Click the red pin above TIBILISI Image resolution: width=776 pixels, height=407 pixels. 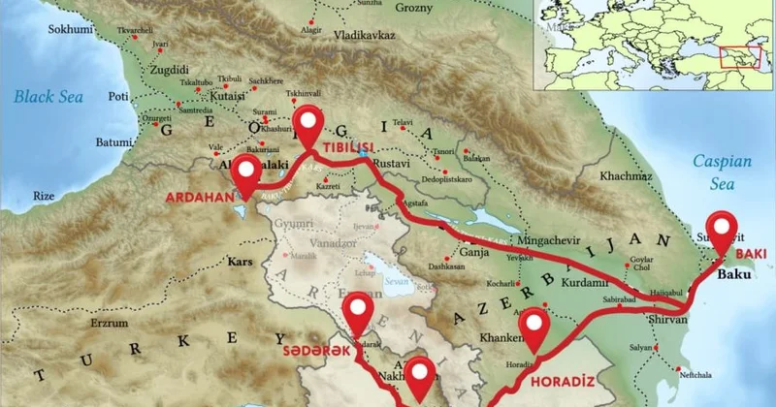pyautogui.click(x=309, y=124)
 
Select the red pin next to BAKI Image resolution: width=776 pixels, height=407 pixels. pyautogui.click(x=721, y=229)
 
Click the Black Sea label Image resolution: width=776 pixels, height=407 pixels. pyautogui.click(x=47, y=96)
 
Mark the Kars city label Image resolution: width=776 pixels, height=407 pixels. pyautogui.click(x=239, y=262)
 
